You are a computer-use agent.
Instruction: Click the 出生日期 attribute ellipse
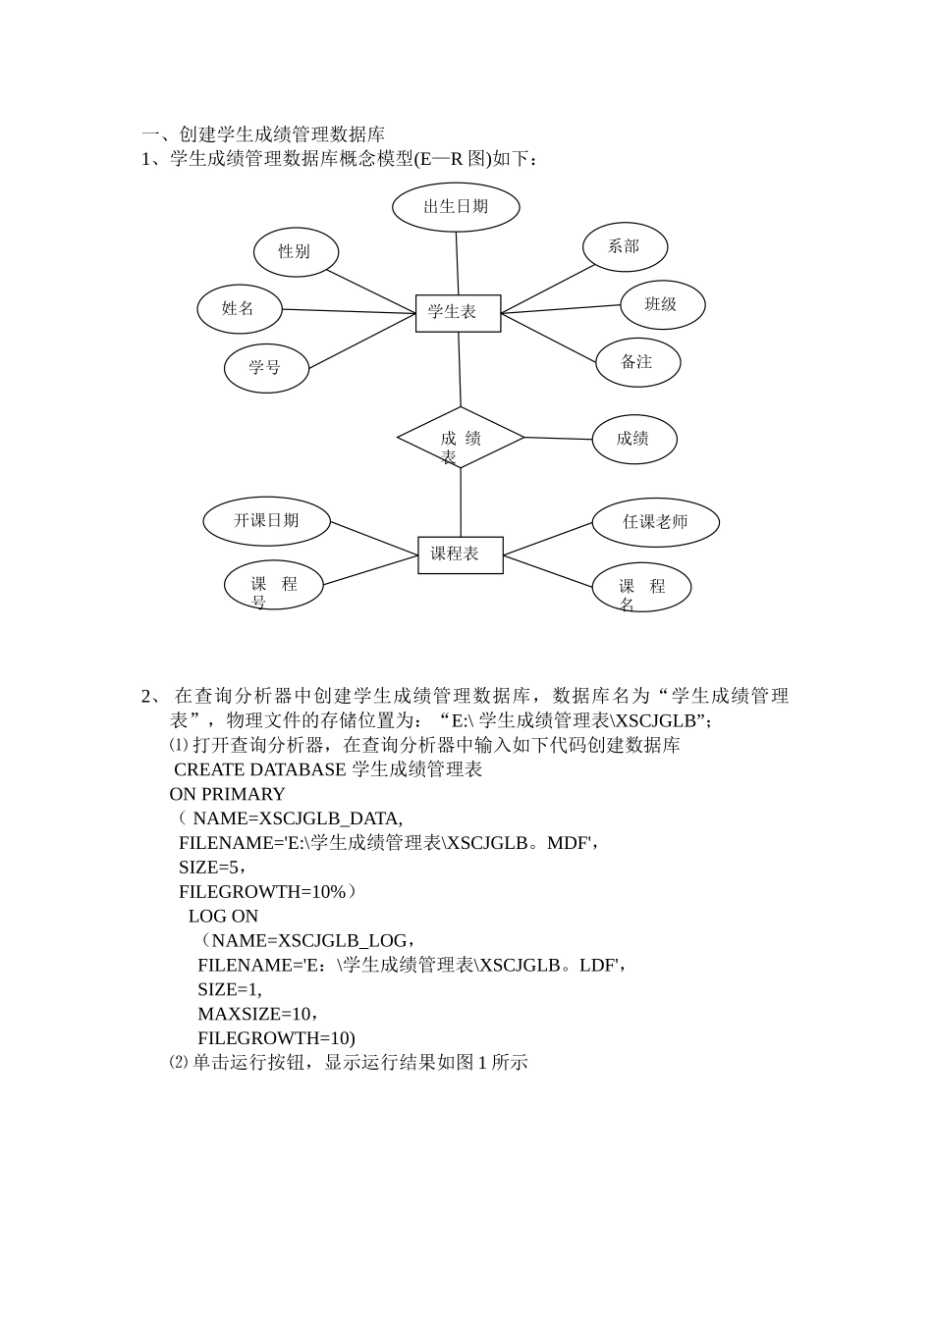coord(456,206)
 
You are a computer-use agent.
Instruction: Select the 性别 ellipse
coord(296,252)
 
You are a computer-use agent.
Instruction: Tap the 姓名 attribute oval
coord(239,309)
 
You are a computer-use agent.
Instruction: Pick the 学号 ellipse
coord(266,368)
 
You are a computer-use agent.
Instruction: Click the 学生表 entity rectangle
coord(458,313)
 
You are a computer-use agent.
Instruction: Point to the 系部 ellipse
coord(625,246)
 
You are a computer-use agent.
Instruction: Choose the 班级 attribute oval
coord(663,304)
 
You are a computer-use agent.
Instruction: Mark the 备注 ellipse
coord(637,362)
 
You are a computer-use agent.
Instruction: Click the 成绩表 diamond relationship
coord(461,438)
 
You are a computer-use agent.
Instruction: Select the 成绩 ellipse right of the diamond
coord(633,439)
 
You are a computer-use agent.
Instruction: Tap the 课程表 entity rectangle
coord(461,554)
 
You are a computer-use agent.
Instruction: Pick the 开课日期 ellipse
coord(266,521)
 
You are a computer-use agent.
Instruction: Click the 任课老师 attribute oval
coord(655,522)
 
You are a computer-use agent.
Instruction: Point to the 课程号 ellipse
coord(273,585)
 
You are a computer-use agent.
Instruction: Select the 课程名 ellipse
coord(641,588)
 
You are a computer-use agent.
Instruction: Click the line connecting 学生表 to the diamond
coord(460,369)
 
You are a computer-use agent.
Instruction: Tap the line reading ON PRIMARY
coord(227,794)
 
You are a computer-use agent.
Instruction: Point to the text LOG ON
coord(223,917)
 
